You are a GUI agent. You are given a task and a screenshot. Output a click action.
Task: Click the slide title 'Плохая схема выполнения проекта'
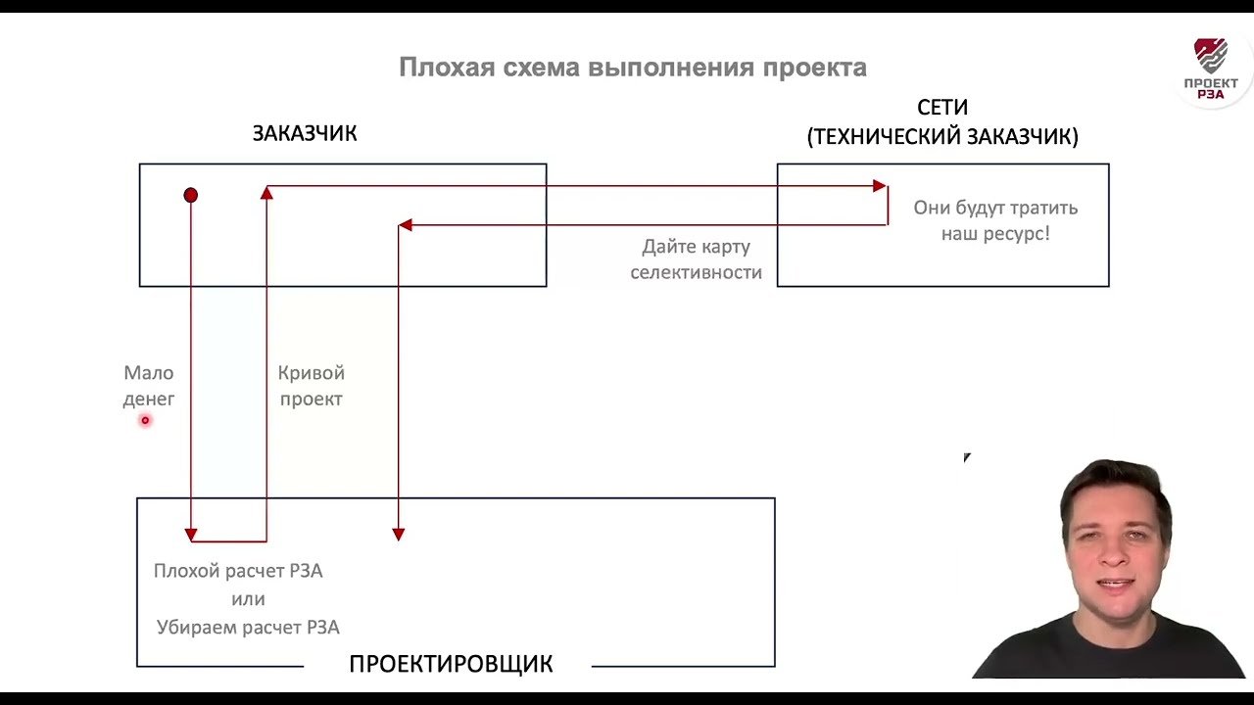(632, 68)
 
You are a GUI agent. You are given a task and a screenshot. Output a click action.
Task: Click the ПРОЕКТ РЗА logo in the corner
(1211, 69)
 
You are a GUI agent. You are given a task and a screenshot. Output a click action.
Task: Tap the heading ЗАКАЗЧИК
(305, 133)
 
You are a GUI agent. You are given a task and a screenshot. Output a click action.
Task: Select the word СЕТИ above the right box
(942, 108)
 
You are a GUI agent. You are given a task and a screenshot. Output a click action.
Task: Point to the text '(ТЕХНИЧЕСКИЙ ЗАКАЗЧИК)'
(942, 137)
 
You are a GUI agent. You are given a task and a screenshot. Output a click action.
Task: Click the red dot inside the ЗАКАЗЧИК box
(191, 196)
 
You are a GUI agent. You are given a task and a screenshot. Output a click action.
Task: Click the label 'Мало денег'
(149, 386)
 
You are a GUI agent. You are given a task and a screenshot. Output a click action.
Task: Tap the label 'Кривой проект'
(311, 386)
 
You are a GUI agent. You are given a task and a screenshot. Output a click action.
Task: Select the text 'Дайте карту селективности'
(696, 259)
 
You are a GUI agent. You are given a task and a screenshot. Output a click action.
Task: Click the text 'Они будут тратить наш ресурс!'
(995, 220)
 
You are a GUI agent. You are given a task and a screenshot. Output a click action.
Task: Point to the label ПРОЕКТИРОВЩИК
(451, 664)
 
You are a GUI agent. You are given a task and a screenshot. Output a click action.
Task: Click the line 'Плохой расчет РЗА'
(238, 571)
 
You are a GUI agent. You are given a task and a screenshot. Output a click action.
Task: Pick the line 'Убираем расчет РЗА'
(248, 628)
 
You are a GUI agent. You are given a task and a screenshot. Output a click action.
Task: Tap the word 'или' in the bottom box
(248, 599)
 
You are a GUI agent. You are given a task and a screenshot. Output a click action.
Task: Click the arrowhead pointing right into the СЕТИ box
(880, 186)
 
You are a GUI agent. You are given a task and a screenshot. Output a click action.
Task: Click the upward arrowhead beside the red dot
(266, 193)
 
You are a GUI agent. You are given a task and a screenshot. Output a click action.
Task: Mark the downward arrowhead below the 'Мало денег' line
(191, 535)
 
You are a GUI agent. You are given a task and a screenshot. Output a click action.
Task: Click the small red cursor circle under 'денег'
(145, 421)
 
